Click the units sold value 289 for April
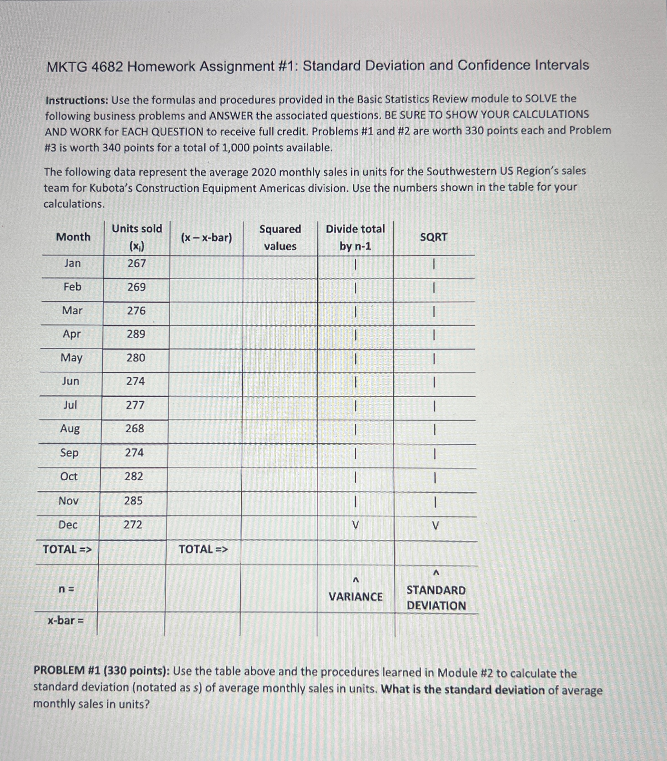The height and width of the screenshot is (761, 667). (136, 334)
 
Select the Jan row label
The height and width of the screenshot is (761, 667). (72, 263)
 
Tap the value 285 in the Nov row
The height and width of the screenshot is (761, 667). (133, 500)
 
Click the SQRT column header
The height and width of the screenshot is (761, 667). (434, 237)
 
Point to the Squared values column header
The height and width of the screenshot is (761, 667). (280, 237)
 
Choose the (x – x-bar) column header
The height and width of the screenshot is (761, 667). (206, 237)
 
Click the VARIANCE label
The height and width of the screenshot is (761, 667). (356, 597)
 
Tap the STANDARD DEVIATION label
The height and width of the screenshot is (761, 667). (436, 598)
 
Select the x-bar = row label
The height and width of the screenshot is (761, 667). (65, 620)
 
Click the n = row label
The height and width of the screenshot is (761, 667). (67, 589)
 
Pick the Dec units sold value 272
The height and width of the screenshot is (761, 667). (133, 525)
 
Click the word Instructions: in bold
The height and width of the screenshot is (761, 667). (77, 100)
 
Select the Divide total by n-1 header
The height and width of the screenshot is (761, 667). (355, 237)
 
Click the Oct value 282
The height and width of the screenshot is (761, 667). (134, 476)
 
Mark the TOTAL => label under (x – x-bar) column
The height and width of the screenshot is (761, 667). (203, 549)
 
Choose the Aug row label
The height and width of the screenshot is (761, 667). (70, 429)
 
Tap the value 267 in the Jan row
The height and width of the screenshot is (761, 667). (137, 263)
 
